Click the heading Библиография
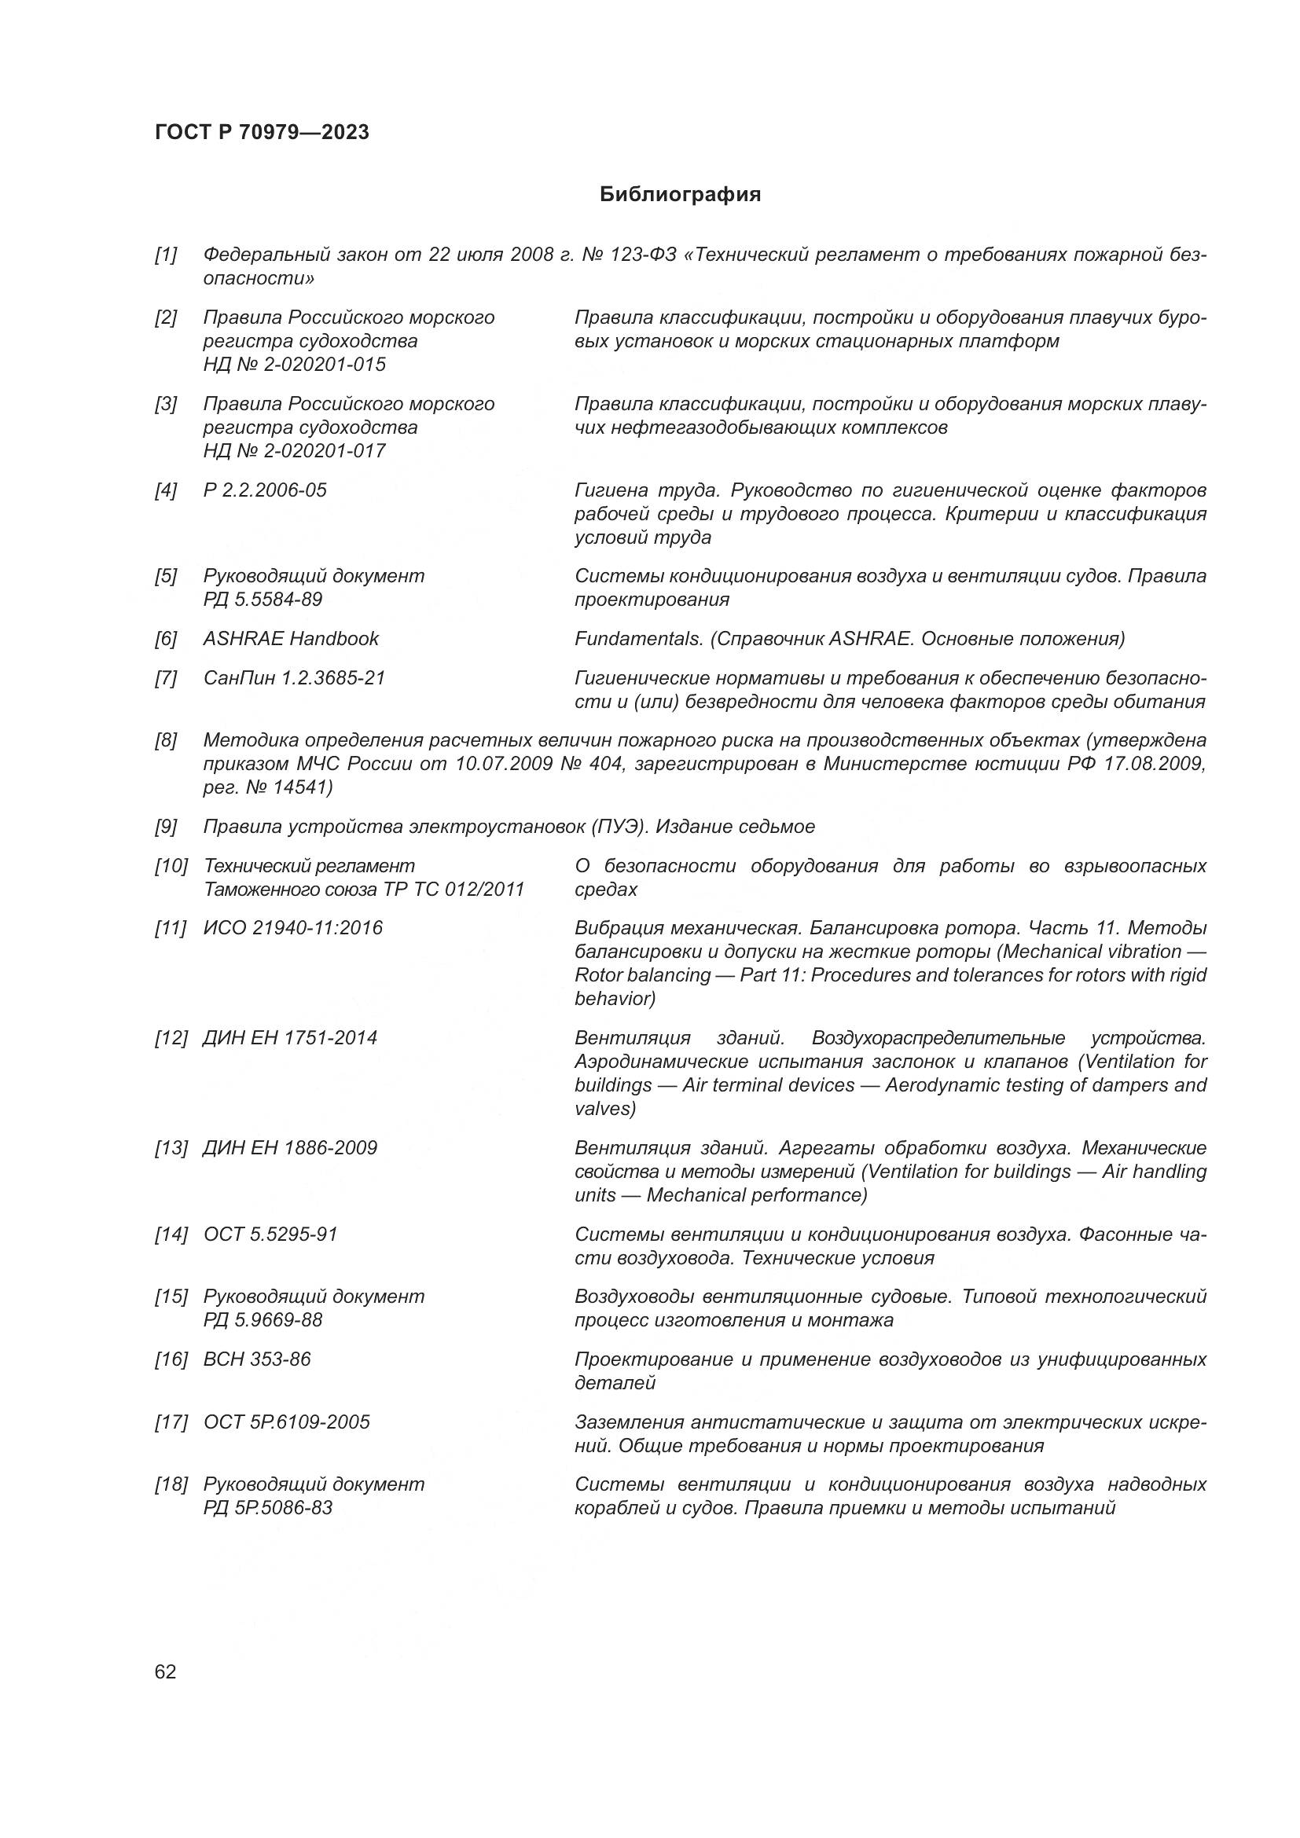coord(680,195)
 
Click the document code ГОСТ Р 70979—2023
coord(262,132)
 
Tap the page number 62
coord(166,1671)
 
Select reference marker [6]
coord(166,639)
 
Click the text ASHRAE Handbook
coord(291,639)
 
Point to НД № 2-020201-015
coord(294,365)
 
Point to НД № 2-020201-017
coord(294,452)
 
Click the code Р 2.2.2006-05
coord(265,490)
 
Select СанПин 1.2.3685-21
coord(294,678)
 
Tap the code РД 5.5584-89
coord(263,600)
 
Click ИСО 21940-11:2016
coord(293,928)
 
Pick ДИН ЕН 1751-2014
coord(290,1038)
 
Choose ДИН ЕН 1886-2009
coord(290,1148)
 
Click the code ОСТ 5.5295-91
coord(270,1235)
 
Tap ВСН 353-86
coord(257,1359)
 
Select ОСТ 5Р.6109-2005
coord(287,1422)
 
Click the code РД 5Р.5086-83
coord(267,1508)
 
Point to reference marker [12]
coord(171,1038)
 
